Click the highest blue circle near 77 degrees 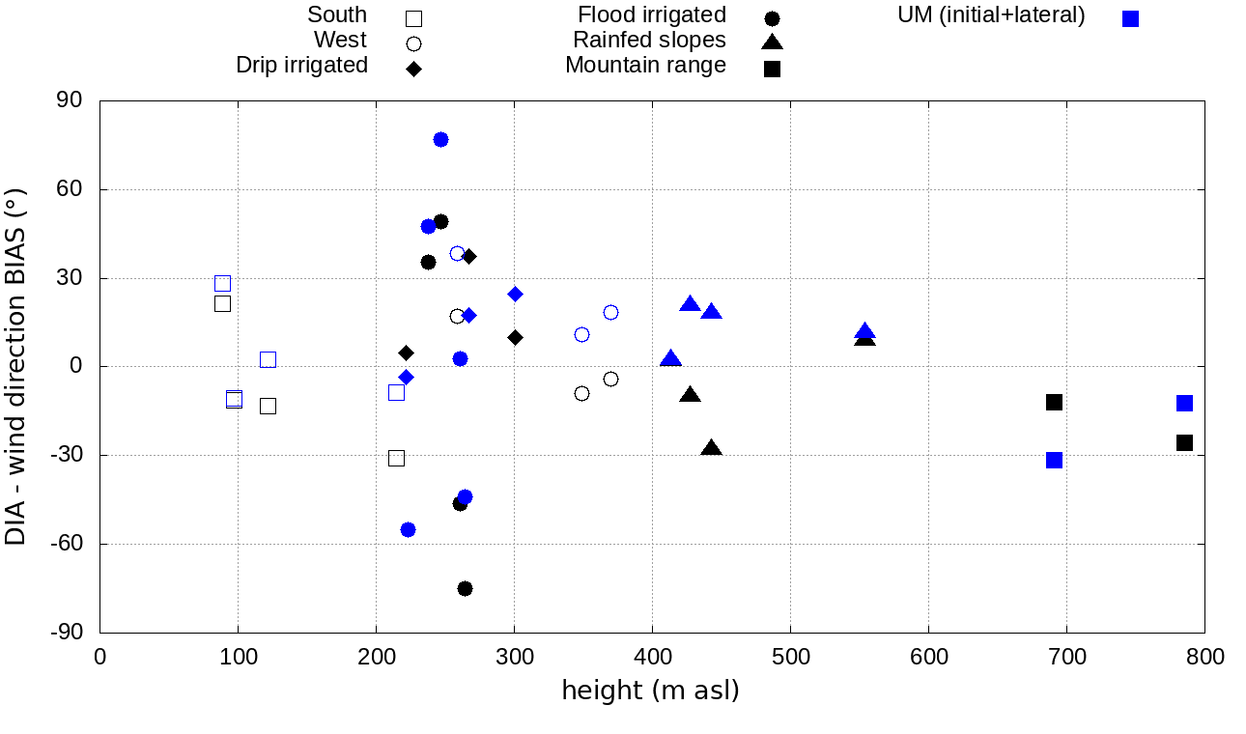(x=440, y=139)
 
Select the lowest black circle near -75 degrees (x=465, y=588)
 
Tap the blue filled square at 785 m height (x=1184, y=403)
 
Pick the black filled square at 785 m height (x=1184, y=442)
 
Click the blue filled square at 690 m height (x=1054, y=460)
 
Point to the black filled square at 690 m (x=1054, y=402)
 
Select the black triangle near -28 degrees (x=712, y=448)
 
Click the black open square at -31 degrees (x=396, y=458)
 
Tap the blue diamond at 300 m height (x=515, y=294)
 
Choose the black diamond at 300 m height (x=515, y=337)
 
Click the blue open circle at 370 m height (x=610, y=312)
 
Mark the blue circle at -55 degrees (x=408, y=529)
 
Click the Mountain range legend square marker (x=772, y=69)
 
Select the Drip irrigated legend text (x=301, y=65)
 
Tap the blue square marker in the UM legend (x=1131, y=18)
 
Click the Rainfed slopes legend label (x=649, y=40)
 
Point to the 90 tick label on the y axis (x=70, y=100)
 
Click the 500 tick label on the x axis (x=790, y=658)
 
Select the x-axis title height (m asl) (x=650, y=691)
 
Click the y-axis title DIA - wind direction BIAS (x=16, y=367)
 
